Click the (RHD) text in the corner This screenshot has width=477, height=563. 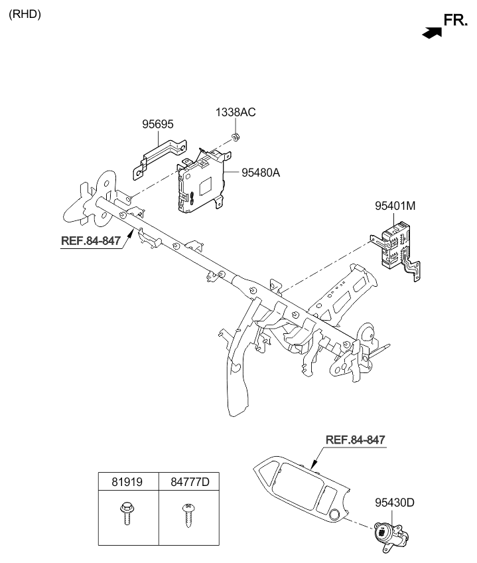pyautogui.click(x=25, y=15)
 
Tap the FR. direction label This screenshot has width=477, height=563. pyautogui.click(x=456, y=20)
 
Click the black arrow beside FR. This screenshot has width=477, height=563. pyautogui.click(x=432, y=33)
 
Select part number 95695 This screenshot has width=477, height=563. pyautogui.click(x=158, y=124)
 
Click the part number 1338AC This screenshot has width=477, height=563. pyautogui.click(x=236, y=112)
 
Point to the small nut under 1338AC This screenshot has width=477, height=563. pyautogui.click(x=236, y=137)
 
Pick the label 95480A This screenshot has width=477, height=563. pyautogui.click(x=261, y=173)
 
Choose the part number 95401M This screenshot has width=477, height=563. pyautogui.click(x=395, y=206)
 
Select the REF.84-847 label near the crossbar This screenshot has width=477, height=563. pyautogui.click(x=91, y=240)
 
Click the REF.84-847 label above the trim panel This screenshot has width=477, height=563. pyautogui.click(x=356, y=440)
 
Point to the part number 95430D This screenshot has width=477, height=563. pyautogui.click(x=395, y=503)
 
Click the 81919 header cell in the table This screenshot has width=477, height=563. pyautogui.click(x=127, y=481)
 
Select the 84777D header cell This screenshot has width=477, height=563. pyautogui.click(x=190, y=481)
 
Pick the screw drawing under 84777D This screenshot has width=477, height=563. pyautogui.click(x=188, y=516)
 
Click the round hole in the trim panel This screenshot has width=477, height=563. pyautogui.click(x=336, y=513)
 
